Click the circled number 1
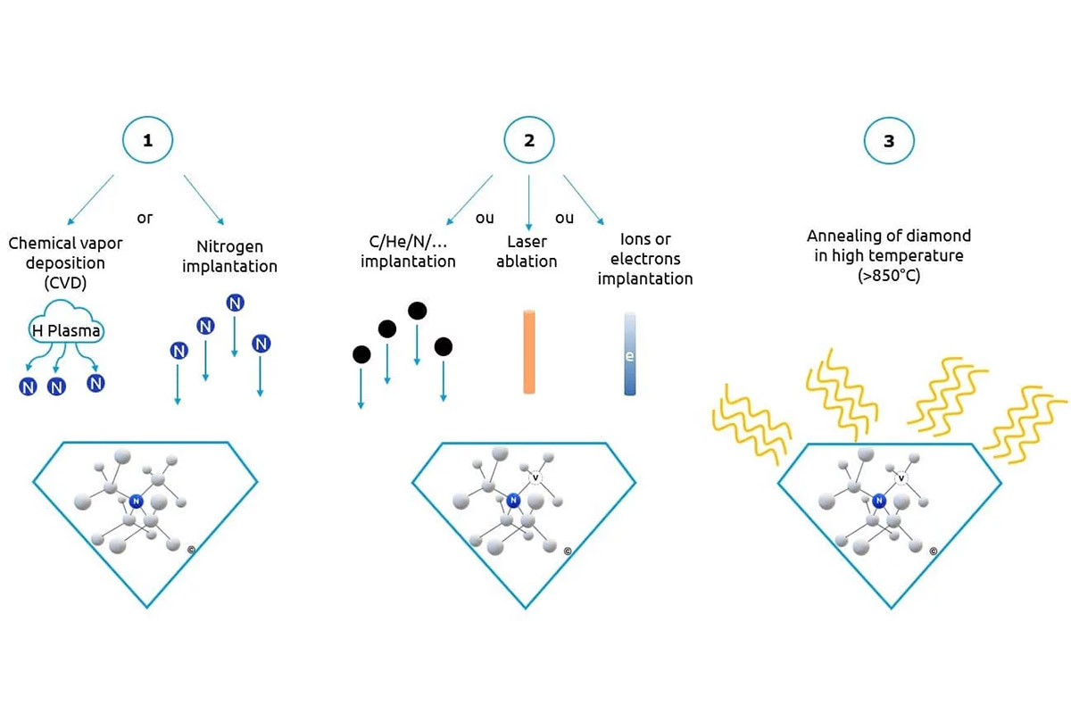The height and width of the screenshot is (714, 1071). [147, 142]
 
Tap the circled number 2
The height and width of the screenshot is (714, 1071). [529, 142]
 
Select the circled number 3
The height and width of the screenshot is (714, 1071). [888, 142]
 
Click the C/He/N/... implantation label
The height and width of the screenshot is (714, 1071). [408, 252]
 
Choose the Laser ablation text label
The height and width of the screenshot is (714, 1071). [527, 252]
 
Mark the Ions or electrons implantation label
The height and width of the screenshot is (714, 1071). [644, 259]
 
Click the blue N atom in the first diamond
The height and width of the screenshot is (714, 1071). [136, 502]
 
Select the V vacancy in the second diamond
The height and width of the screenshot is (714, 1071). [535, 477]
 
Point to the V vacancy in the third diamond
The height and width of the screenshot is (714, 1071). [901, 477]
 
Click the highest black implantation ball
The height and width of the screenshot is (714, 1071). [417, 311]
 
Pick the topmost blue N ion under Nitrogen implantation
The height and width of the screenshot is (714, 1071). [235, 303]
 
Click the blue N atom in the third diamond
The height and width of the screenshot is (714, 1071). [879, 501]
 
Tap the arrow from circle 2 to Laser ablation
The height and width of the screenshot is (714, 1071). [529, 202]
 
